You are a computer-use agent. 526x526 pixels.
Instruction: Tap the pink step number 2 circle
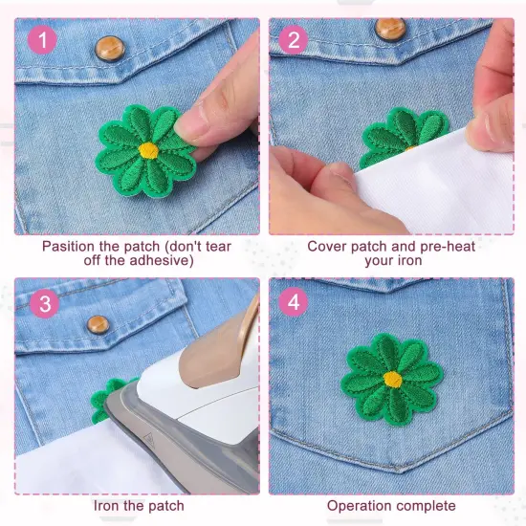(295, 40)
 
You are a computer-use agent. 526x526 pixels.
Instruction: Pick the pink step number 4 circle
(295, 302)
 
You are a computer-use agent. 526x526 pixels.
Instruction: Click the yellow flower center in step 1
(147, 150)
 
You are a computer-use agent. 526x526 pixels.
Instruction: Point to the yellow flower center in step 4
(391, 379)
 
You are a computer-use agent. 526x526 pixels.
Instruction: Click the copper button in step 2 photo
(390, 28)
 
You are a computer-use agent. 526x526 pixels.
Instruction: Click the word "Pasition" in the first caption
(70, 246)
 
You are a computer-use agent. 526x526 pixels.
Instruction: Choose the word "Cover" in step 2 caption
(326, 246)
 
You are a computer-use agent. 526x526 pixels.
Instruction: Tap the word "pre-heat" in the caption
(448, 246)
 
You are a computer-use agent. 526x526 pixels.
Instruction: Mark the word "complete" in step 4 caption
(427, 505)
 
